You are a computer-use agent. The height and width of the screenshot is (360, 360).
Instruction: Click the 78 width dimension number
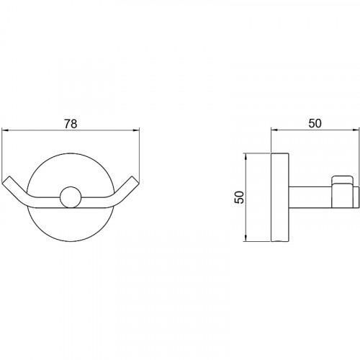71,124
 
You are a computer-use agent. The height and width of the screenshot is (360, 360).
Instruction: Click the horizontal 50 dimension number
315,123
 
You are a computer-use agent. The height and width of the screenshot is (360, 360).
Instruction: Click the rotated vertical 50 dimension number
239,197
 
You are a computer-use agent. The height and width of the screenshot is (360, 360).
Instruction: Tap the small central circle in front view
71,197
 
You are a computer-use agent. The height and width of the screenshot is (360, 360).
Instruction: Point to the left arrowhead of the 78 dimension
5,130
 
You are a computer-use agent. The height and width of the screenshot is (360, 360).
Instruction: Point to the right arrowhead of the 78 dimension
136,130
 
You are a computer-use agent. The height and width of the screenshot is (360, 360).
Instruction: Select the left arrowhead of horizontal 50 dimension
274,130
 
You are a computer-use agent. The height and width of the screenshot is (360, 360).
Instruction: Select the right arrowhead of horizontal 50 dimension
356,130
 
